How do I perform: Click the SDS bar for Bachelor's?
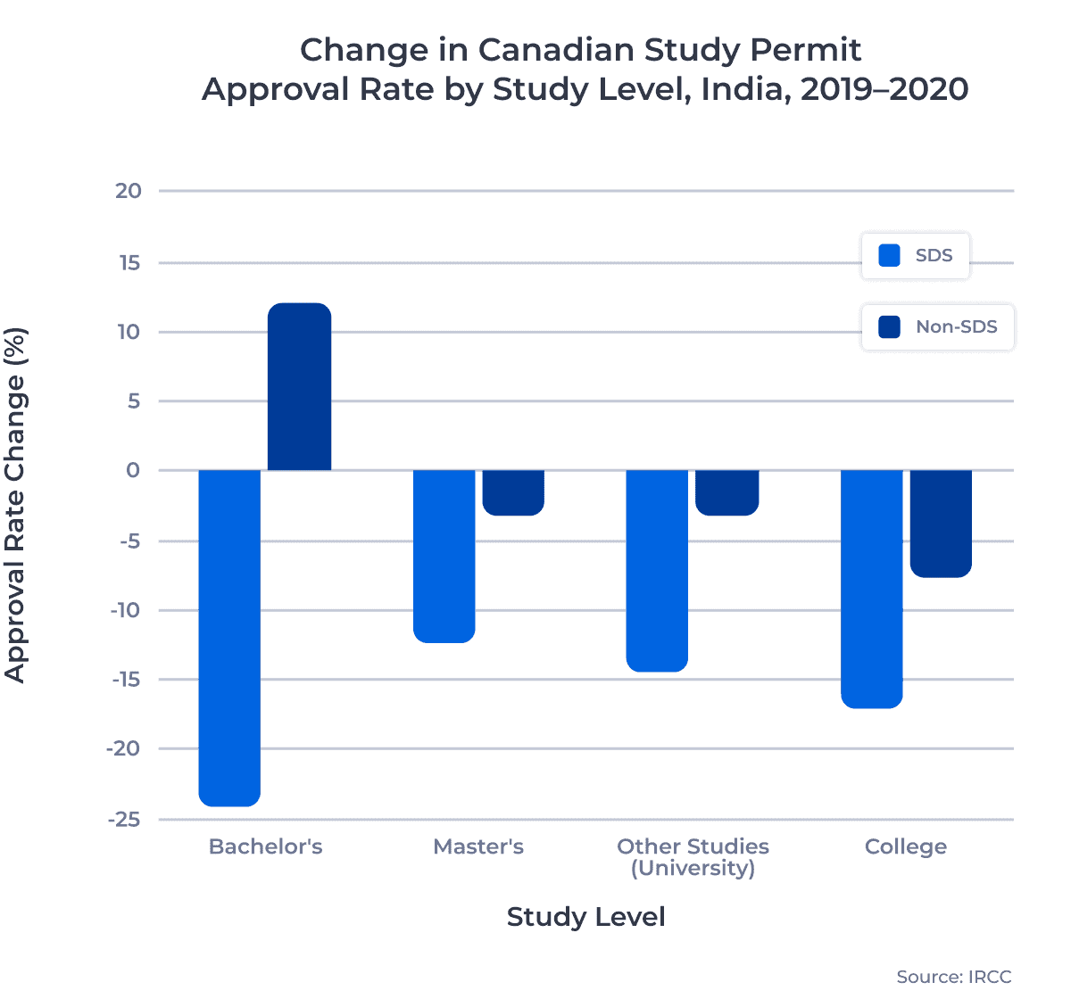tap(229, 637)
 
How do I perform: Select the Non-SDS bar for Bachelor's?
tap(299, 387)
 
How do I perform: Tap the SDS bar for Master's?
tap(444, 556)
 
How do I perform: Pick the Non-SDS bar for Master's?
tap(513, 492)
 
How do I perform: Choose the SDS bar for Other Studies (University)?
tap(657, 570)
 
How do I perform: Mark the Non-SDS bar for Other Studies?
tap(727, 492)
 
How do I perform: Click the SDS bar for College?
tap(871, 589)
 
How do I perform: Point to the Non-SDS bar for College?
tap(941, 524)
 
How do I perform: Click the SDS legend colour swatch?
tap(889, 256)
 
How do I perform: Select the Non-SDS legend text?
tap(957, 327)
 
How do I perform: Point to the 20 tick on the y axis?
tap(129, 191)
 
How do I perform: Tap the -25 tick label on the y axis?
tap(123, 819)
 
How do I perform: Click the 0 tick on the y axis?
tap(133, 470)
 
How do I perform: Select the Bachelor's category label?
tap(265, 846)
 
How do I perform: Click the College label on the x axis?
tap(905, 846)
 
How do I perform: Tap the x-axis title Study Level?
tap(585, 917)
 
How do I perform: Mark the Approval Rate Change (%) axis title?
tap(15, 505)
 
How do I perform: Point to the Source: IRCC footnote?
tap(953, 977)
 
